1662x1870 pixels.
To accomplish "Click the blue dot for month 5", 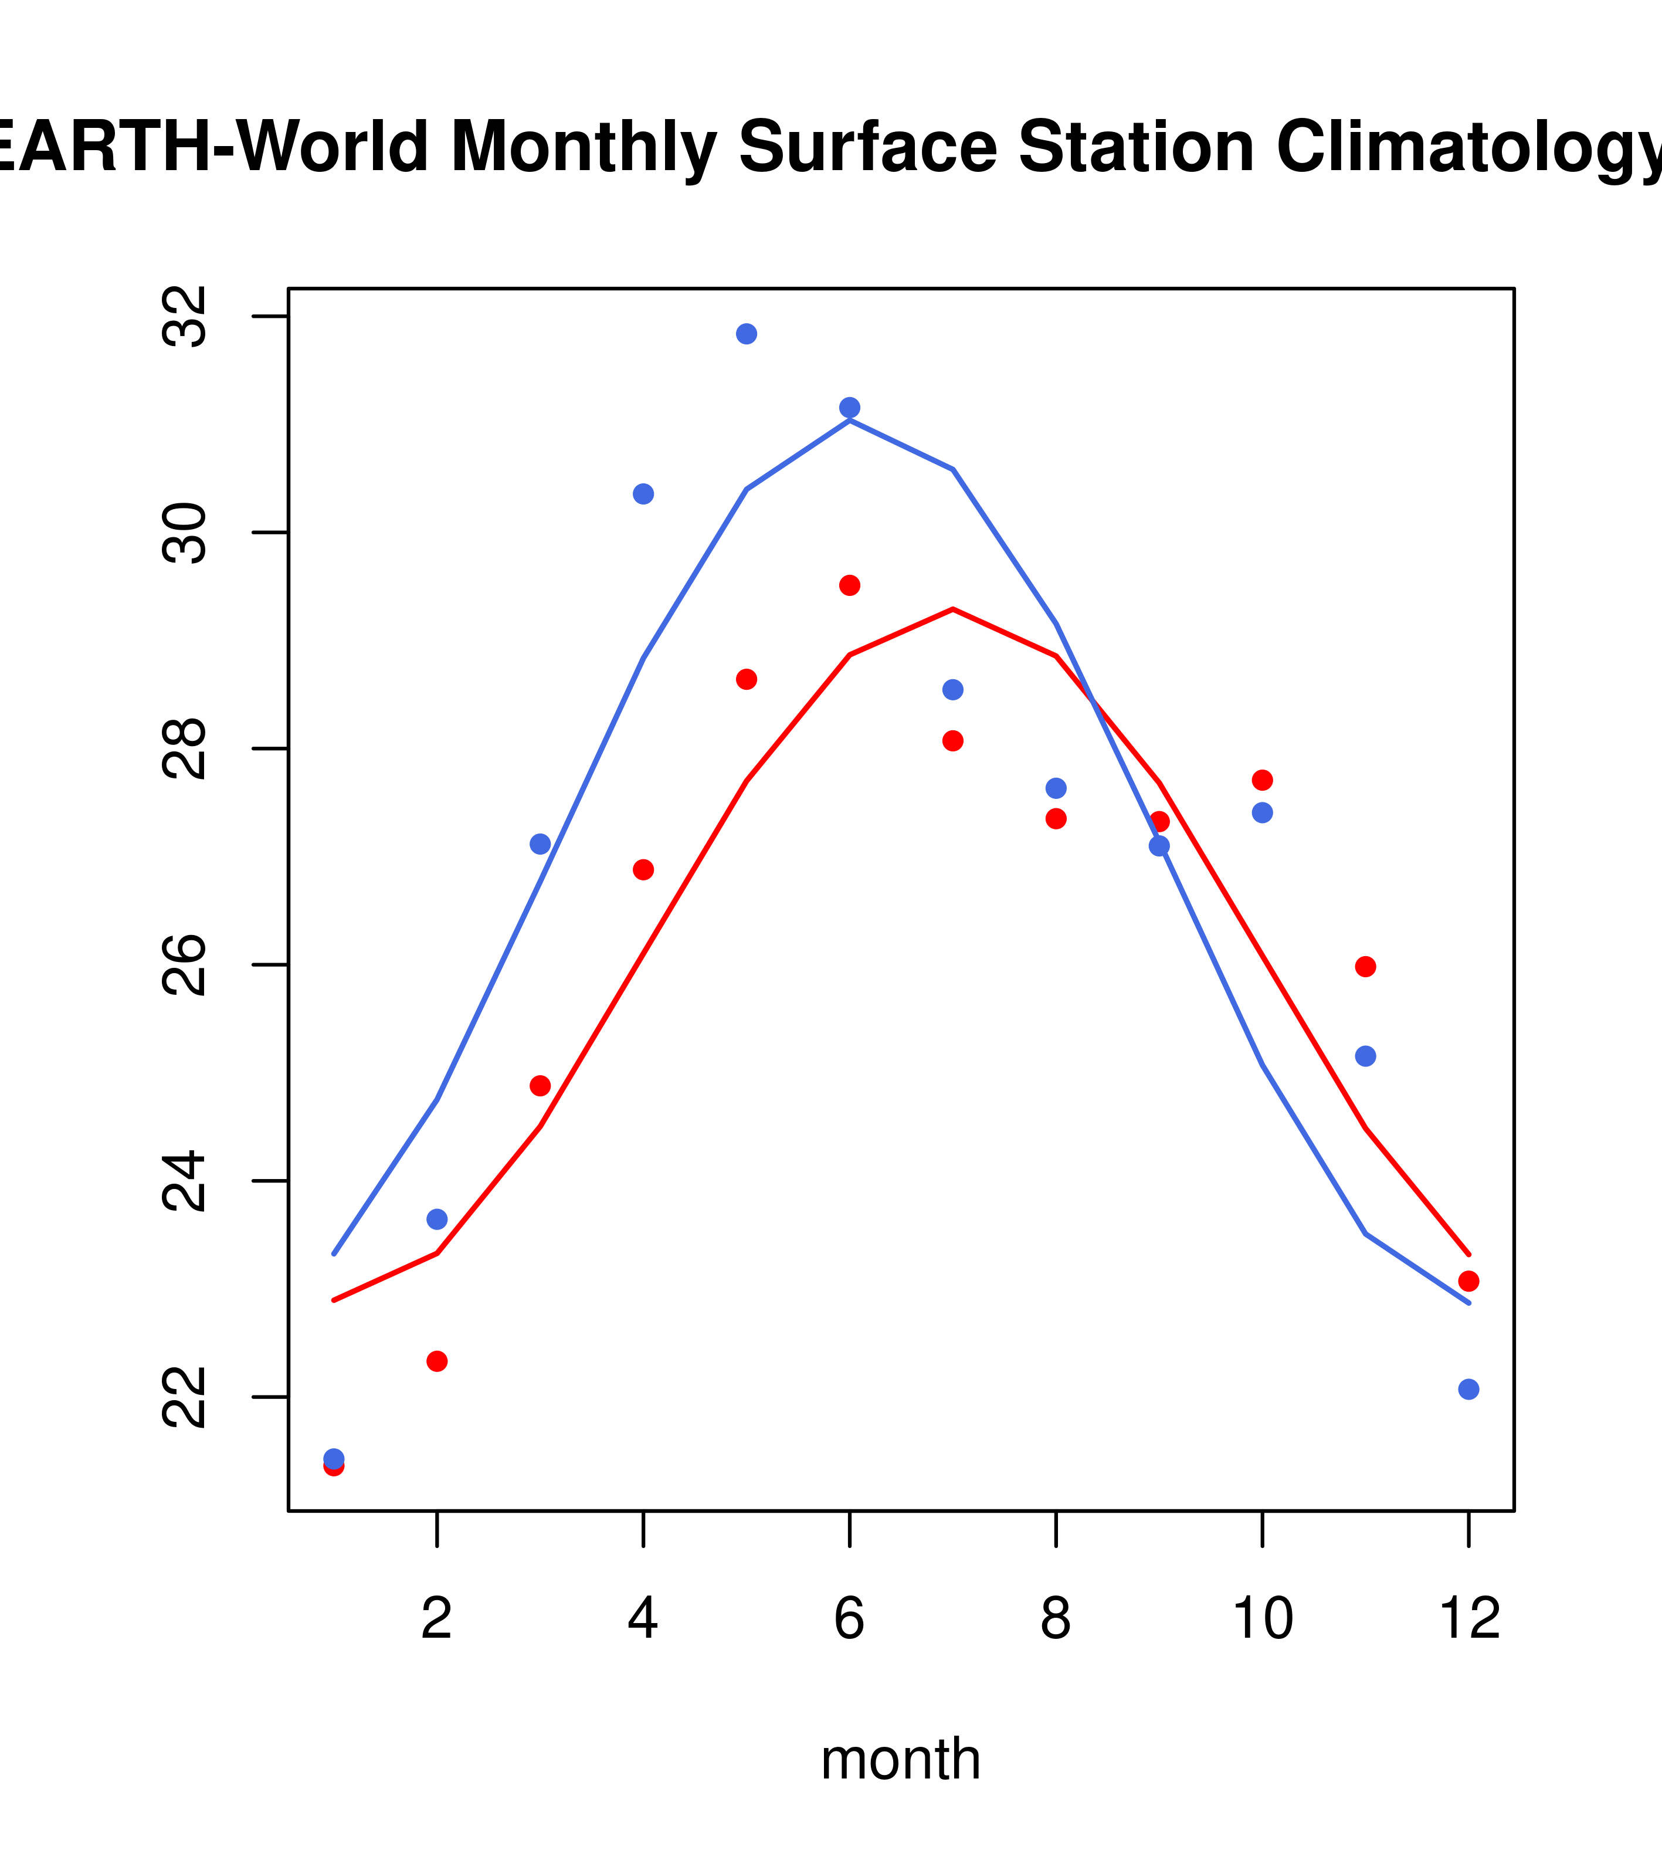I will pos(747,334).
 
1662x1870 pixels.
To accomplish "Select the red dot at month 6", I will pos(850,585).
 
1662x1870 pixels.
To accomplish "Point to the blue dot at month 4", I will pos(643,494).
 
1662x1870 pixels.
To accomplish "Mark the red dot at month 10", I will pos(1262,780).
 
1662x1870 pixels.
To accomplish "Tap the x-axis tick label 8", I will pos(1056,1618).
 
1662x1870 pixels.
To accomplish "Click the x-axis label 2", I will pos(437,1618).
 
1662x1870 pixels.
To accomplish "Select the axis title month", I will pos(901,1759).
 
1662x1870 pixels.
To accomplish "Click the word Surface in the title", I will pos(867,147).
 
